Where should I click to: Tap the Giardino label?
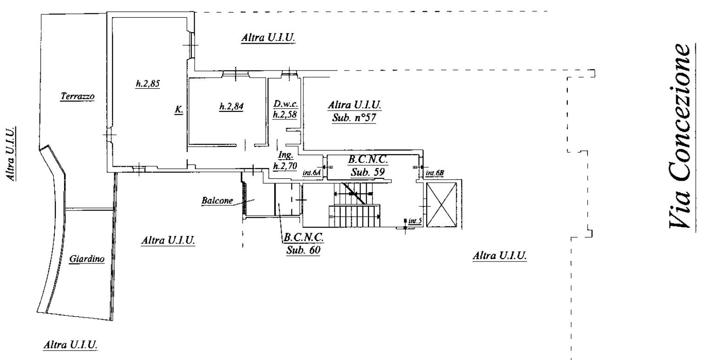coord(87,259)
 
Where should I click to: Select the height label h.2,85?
coord(148,84)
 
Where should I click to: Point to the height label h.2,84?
coord(231,106)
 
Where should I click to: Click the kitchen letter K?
coord(179,110)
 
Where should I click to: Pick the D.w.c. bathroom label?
coord(285,104)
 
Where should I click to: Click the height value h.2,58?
coord(285,114)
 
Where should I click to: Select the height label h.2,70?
coord(285,165)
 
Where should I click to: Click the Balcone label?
coord(217,200)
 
